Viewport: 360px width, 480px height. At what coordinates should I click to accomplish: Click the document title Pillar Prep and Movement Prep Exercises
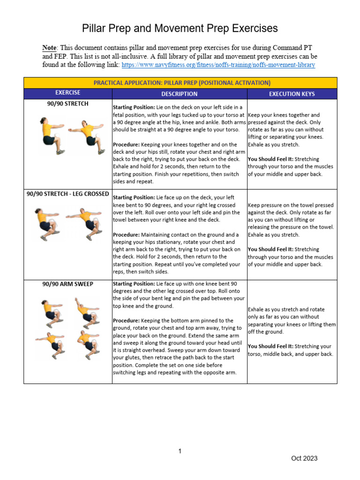(180, 29)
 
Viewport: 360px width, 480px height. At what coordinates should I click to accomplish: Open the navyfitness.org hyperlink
(218, 65)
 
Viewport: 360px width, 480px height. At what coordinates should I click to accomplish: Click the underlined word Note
(49, 48)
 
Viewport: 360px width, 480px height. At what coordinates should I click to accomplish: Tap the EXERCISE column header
(67, 93)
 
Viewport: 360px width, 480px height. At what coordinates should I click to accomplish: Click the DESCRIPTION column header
(179, 94)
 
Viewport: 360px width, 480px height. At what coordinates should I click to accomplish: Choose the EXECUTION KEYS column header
(292, 94)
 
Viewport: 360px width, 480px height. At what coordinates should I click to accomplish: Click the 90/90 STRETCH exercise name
(67, 104)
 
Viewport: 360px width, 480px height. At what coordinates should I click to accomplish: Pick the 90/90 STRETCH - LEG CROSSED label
(67, 194)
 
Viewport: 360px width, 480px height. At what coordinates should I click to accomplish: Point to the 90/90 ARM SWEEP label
(67, 284)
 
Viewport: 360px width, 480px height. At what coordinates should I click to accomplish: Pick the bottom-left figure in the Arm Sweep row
(49, 344)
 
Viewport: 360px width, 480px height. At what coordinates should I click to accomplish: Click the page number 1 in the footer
(180, 451)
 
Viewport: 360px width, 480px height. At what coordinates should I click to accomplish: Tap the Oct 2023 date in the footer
(304, 458)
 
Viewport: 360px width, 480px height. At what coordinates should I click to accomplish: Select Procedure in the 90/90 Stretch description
(127, 144)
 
